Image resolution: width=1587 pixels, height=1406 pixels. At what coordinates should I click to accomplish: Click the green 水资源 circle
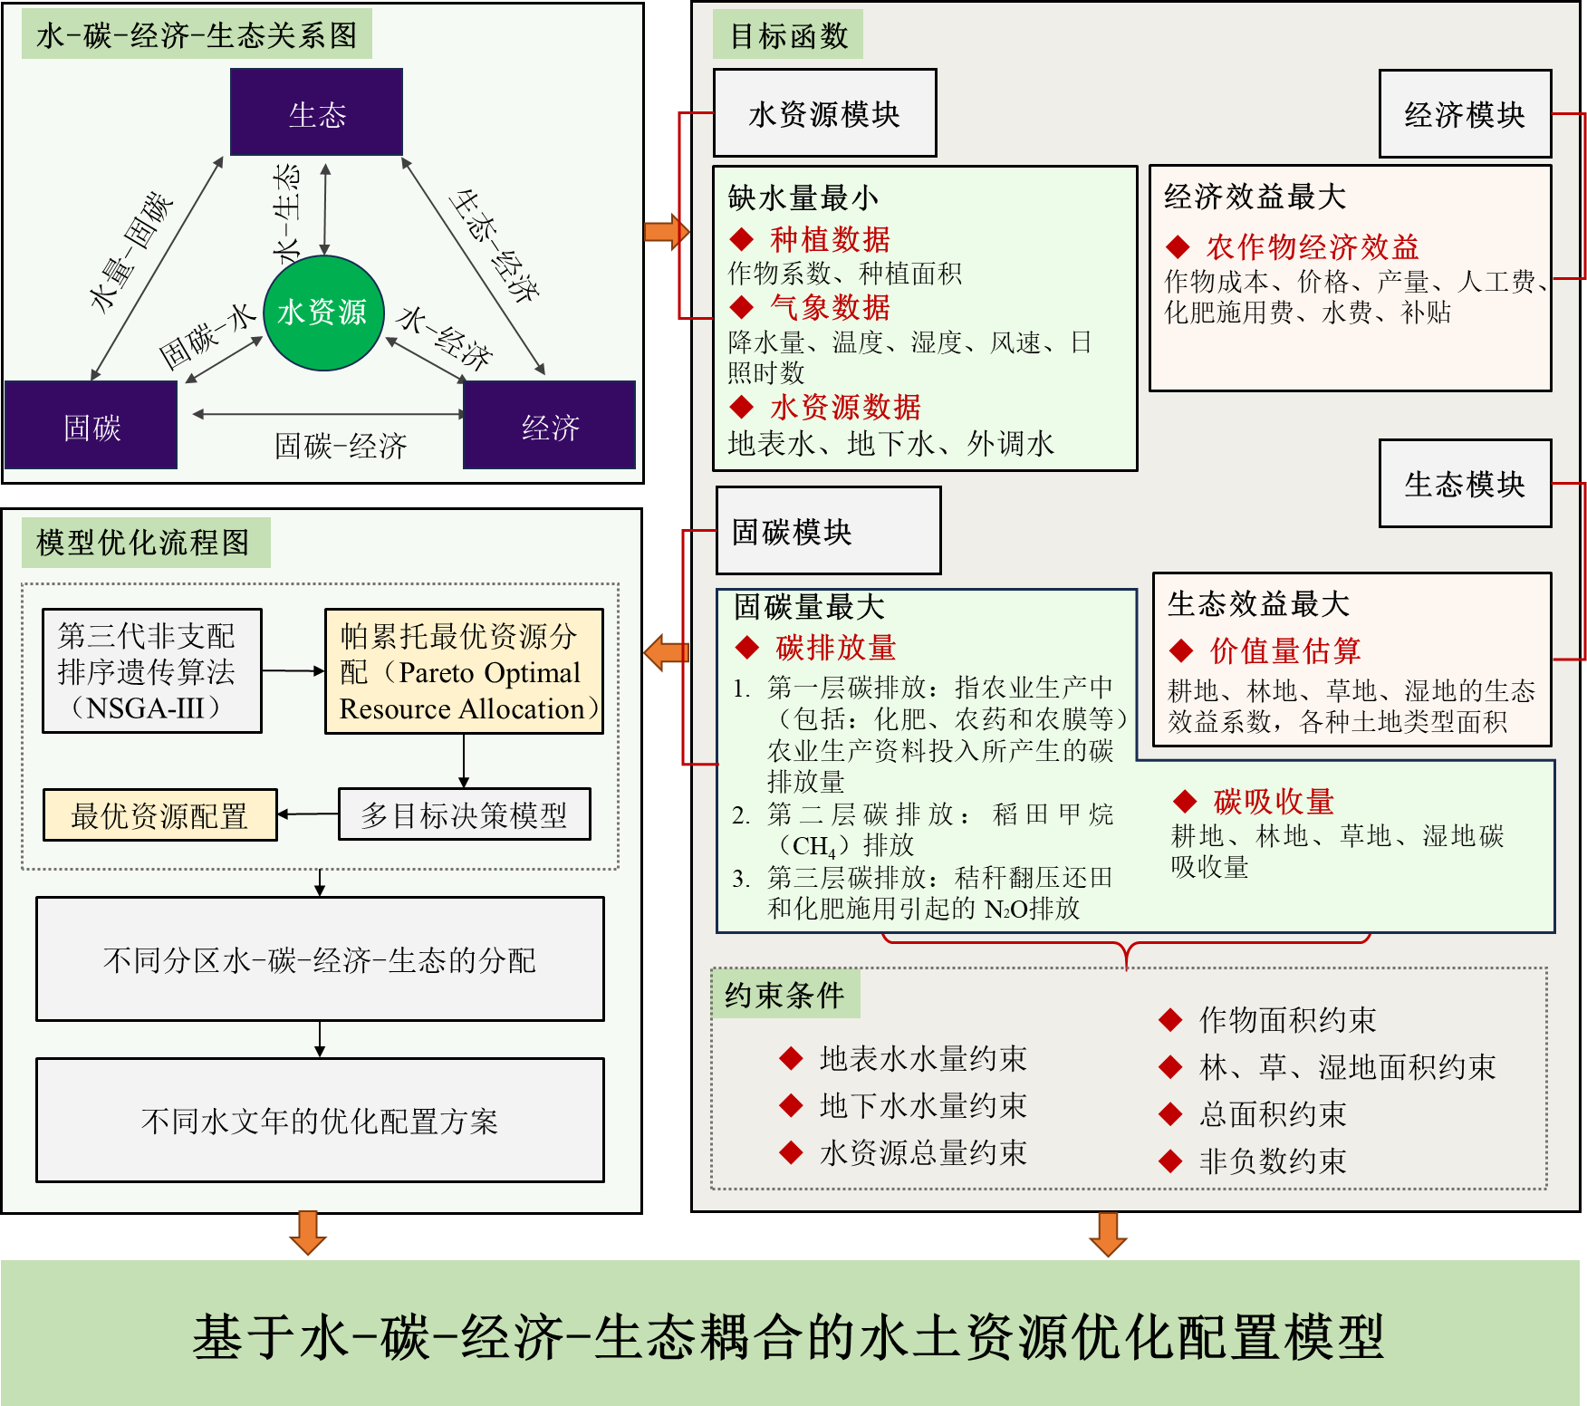click(x=323, y=313)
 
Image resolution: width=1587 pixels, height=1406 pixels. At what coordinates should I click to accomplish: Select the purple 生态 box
click(x=316, y=112)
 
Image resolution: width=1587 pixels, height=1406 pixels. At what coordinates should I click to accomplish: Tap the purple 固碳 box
click(x=91, y=425)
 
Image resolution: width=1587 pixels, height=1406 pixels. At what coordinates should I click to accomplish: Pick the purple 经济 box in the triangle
click(x=549, y=425)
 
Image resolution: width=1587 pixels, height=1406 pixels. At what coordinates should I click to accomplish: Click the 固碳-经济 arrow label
click(x=341, y=446)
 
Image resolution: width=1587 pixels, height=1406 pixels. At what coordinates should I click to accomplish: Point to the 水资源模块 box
click(x=824, y=113)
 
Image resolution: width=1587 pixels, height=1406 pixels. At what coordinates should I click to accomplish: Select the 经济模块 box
click(x=1465, y=114)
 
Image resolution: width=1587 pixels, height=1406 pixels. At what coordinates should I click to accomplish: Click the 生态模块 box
click(x=1465, y=484)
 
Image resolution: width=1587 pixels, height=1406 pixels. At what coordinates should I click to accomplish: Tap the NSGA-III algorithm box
click(x=152, y=670)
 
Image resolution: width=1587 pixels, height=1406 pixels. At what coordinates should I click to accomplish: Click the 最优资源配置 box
click(x=160, y=815)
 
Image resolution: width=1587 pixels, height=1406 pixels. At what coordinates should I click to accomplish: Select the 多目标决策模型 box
click(x=464, y=814)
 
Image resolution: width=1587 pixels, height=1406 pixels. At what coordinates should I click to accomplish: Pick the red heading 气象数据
click(x=830, y=308)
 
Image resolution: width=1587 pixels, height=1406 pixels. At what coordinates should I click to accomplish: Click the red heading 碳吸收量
click(x=1273, y=801)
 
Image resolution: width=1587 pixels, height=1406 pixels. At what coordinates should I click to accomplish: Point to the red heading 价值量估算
click(x=1284, y=650)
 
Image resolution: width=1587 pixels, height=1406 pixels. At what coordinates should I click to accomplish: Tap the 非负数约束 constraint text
click(x=1272, y=1160)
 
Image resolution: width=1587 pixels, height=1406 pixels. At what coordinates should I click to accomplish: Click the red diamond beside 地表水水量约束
click(x=791, y=1058)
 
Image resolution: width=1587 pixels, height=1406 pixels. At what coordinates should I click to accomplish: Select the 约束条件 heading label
click(x=784, y=995)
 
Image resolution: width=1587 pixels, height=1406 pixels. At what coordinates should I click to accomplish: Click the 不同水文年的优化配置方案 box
click(x=320, y=1121)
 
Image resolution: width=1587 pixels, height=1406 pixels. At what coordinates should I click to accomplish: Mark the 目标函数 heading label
click(x=788, y=35)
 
